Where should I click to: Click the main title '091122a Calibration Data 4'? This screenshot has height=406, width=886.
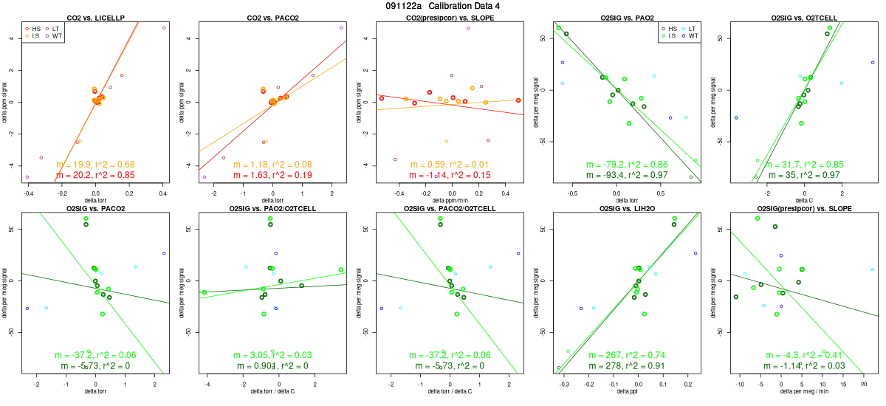[442, 6]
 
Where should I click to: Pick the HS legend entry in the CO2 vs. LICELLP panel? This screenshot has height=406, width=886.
[32, 27]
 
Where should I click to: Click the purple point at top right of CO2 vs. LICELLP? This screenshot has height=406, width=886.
[164, 27]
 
